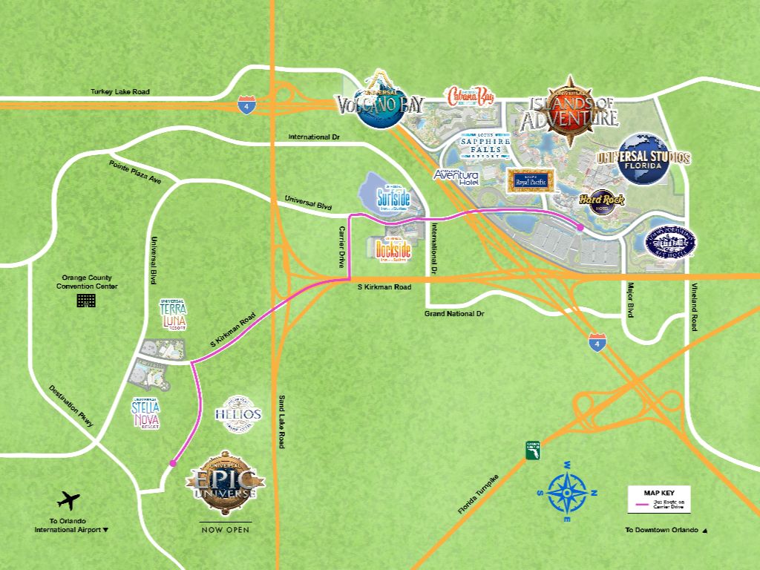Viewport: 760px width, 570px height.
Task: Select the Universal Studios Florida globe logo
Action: click(643, 157)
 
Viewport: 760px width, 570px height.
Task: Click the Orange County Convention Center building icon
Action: click(86, 301)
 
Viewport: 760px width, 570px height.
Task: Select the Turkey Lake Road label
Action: click(120, 92)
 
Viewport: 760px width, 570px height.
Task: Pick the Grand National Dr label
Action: click(453, 314)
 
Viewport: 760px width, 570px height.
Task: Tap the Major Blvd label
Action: click(629, 297)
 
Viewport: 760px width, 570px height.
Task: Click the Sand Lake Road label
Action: click(281, 420)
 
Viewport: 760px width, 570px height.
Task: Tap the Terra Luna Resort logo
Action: click(173, 316)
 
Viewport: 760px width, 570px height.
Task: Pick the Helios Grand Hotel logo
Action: click(237, 413)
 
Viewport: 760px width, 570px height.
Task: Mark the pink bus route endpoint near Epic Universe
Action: click(173, 463)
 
